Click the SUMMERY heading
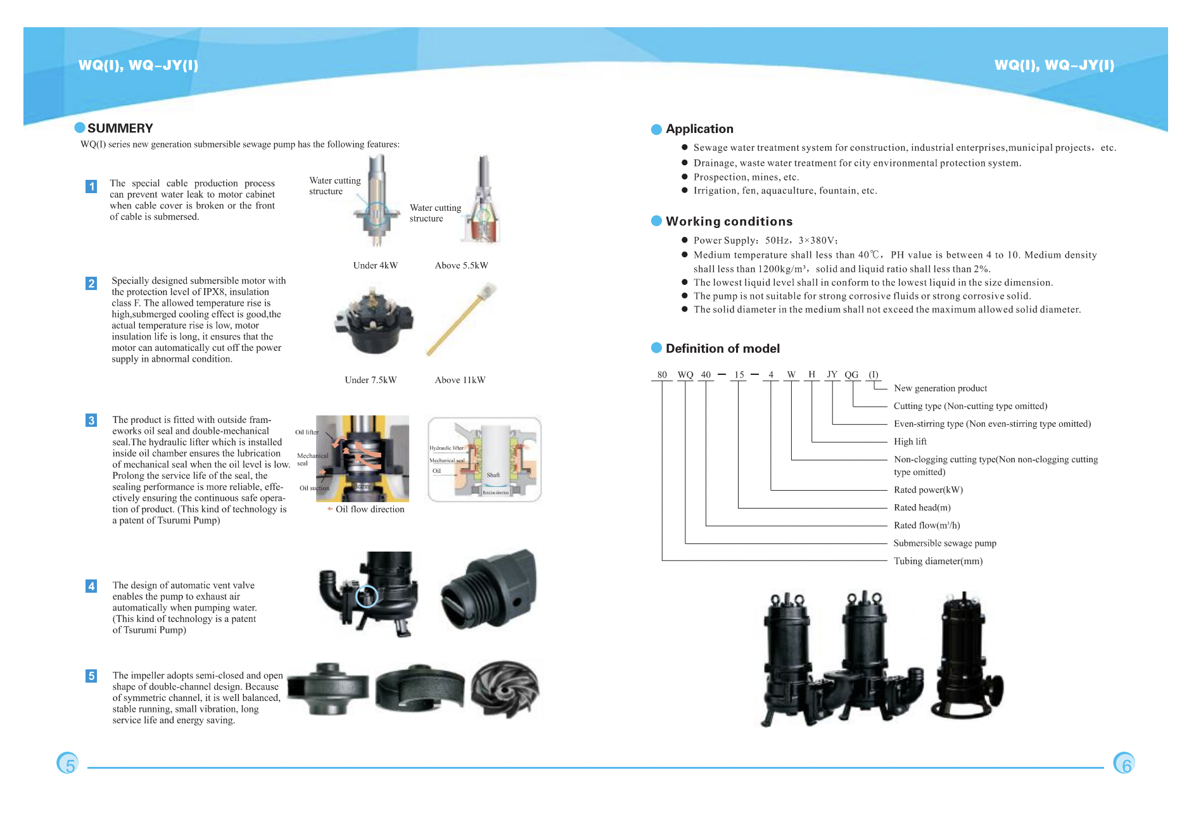[x=120, y=129]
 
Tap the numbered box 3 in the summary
[x=91, y=420]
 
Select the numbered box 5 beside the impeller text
[x=91, y=676]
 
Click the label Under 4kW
[x=375, y=265]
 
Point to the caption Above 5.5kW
[x=461, y=265]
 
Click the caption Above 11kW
[x=460, y=380]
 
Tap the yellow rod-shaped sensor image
[x=461, y=320]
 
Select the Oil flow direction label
[x=369, y=509]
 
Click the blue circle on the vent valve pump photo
[x=367, y=596]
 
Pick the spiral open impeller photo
[x=505, y=689]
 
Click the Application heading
[x=699, y=129]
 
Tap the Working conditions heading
[x=728, y=222]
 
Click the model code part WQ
[x=685, y=375]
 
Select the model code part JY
[x=832, y=375]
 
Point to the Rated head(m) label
[x=922, y=508]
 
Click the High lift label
[x=910, y=442]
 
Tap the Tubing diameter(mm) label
[x=938, y=561]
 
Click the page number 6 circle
[x=1124, y=764]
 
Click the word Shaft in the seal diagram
[x=493, y=475]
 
